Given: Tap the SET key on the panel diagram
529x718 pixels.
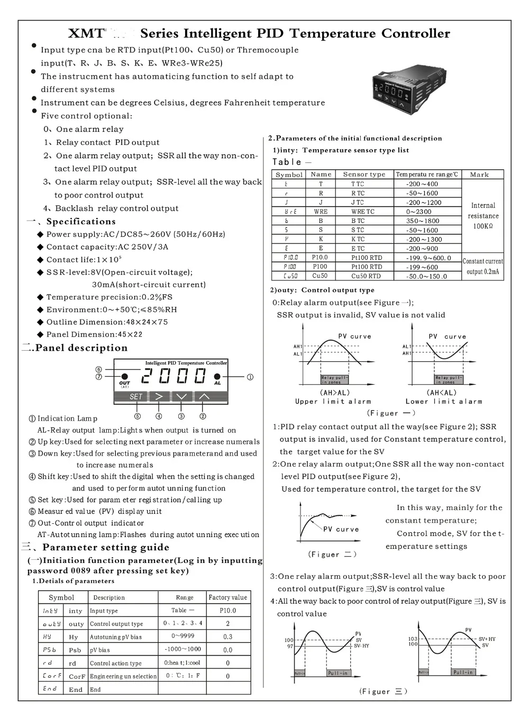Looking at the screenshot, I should click(x=135, y=396).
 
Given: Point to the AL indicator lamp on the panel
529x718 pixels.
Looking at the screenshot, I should click(x=217, y=378).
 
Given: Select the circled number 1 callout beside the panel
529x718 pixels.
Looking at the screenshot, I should click(x=250, y=377).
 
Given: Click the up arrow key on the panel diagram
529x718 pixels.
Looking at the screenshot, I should click(x=204, y=396).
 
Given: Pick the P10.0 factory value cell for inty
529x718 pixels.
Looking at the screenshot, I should click(x=227, y=610).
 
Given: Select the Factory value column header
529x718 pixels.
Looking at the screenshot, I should click(x=227, y=597).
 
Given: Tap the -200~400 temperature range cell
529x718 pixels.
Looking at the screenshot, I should click(x=422, y=184).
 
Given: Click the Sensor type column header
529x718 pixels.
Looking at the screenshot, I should click(x=364, y=175).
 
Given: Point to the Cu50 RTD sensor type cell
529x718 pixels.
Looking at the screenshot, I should click(x=366, y=276).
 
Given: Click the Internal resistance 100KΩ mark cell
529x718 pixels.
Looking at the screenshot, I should click(x=482, y=216).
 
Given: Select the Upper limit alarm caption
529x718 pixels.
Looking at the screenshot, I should click(x=333, y=402).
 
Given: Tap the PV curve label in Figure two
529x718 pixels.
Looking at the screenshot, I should click(x=341, y=529).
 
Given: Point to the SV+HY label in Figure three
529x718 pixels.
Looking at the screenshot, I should click(x=487, y=639).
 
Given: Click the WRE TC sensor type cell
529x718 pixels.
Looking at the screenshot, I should click(x=362, y=212).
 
